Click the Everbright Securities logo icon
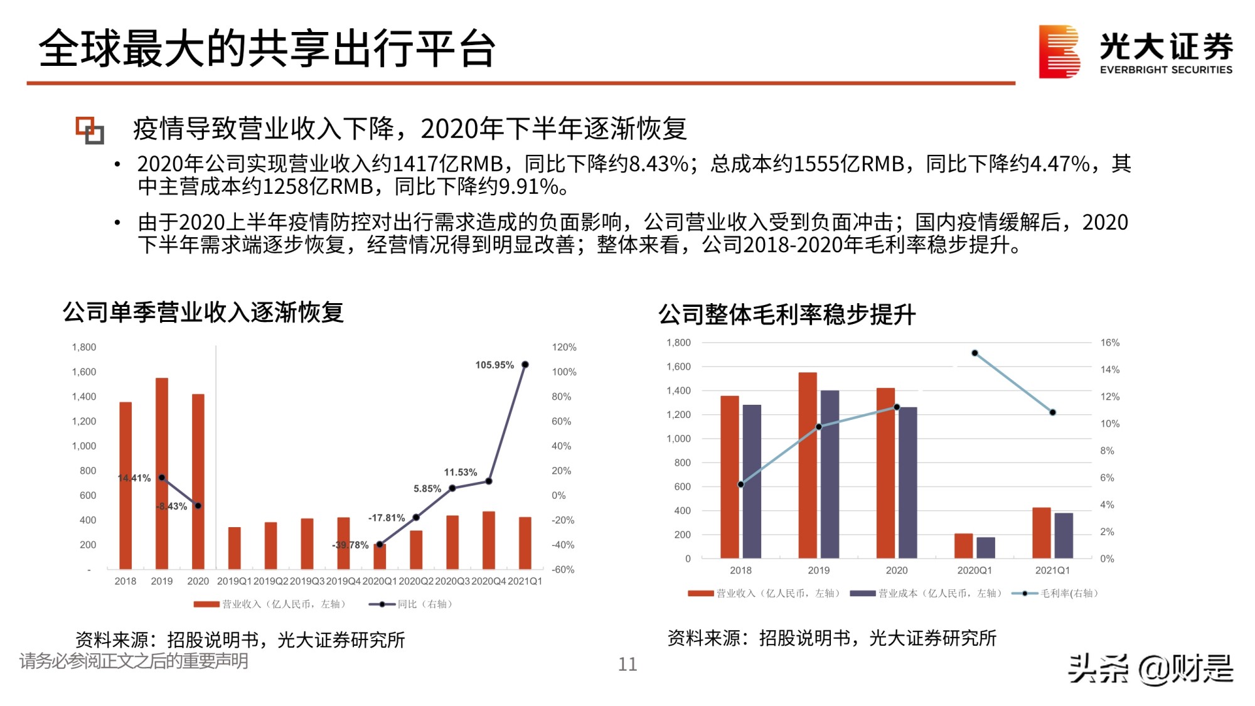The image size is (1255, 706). (1059, 51)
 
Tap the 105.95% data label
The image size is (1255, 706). (494, 365)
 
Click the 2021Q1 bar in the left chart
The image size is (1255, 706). (525, 543)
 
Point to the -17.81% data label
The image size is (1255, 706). (386, 518)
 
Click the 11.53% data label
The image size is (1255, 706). (460, 472)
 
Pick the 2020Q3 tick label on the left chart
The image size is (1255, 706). (452, 581)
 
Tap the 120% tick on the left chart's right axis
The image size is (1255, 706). (563, 347)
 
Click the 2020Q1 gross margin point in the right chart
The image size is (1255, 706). (975, 353)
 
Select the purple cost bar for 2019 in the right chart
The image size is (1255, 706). (830, 474)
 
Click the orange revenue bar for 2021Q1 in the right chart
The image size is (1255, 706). (1041, 533)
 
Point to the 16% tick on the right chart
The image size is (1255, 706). (1109, 343)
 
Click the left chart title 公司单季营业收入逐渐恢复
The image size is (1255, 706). (203, 312)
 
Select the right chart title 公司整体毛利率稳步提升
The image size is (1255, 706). (787, 314)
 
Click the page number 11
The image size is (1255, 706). (627, 664)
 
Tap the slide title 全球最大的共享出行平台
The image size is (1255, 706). (267, 49)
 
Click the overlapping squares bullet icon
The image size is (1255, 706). (90, 130)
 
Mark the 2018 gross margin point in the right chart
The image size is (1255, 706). (741, 484)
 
